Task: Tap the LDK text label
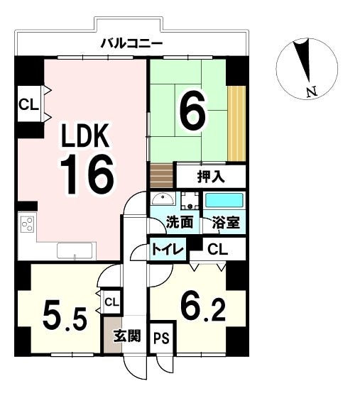point(83,136)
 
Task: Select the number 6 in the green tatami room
point(192,110)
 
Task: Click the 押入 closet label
point(211,177)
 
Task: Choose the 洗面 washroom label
point(180,222)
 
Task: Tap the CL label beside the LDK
point(29,106)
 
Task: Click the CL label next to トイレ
point(217,249)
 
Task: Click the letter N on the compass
point(310,91)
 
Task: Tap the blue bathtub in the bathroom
point(224,199)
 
